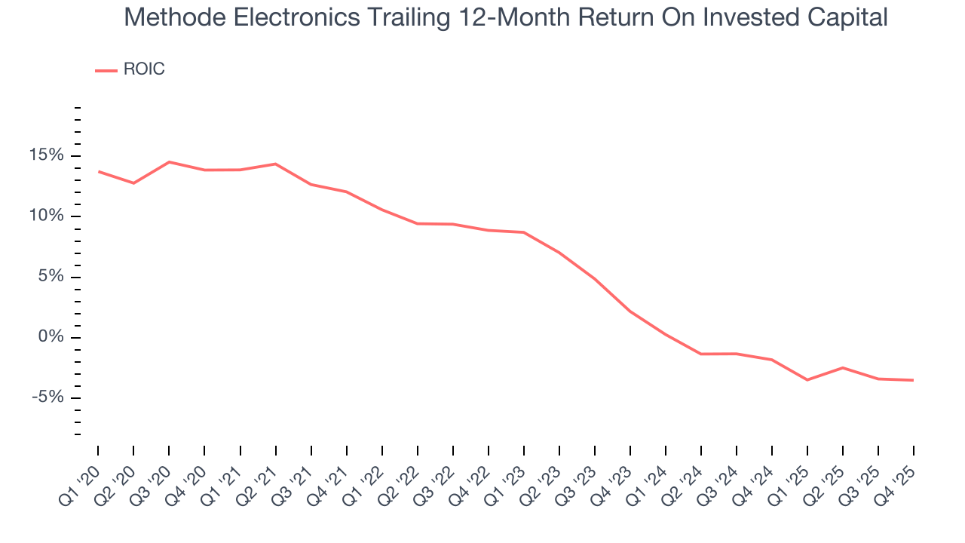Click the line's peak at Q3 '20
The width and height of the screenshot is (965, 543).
pyautogui.click(x=169, y=162)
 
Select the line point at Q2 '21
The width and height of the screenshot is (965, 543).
pyautogui.click(x=275, y=164)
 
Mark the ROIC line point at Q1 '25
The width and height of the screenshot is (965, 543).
pyautogui.click(x=807, y=379)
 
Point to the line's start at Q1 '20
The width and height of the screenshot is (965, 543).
pyautogui.click(x=98, y=171)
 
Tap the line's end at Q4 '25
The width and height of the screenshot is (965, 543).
pyautogui.click(x=914, y=380)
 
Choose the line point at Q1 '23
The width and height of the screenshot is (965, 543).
pyautogui.click(x=524, y=232)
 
